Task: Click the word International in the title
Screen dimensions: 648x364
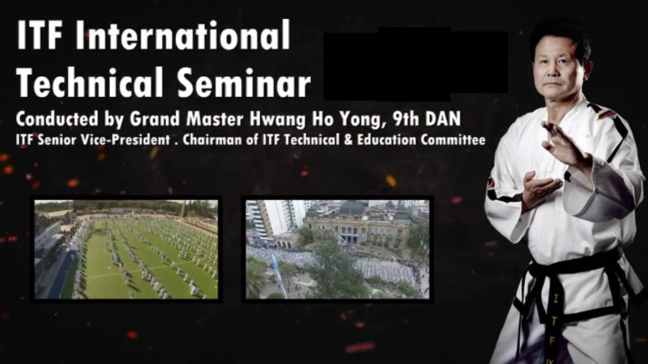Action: (183, 34)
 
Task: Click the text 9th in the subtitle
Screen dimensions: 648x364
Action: (406, 119)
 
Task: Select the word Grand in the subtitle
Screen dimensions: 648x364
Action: (155, 119)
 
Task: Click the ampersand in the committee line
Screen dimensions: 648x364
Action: (349, 140)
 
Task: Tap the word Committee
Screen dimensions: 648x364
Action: (453, 140)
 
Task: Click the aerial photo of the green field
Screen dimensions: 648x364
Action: (126, 249)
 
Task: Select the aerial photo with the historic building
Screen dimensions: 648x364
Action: (338, 249)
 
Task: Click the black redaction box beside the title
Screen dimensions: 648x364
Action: (415, 64)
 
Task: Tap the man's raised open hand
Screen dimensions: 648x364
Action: (564, 142)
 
